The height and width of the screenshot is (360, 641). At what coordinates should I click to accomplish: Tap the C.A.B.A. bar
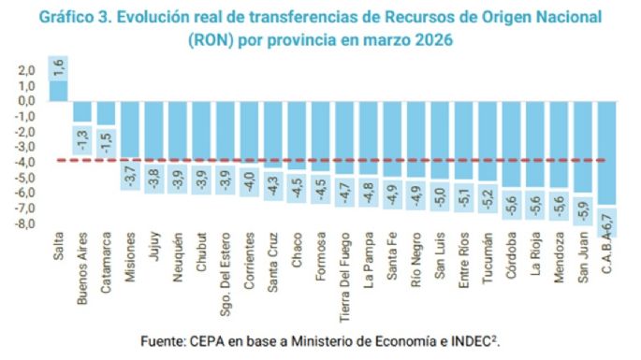click(x=605, y=164)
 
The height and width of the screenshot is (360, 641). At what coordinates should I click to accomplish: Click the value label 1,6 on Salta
click(x=58, y=67)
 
